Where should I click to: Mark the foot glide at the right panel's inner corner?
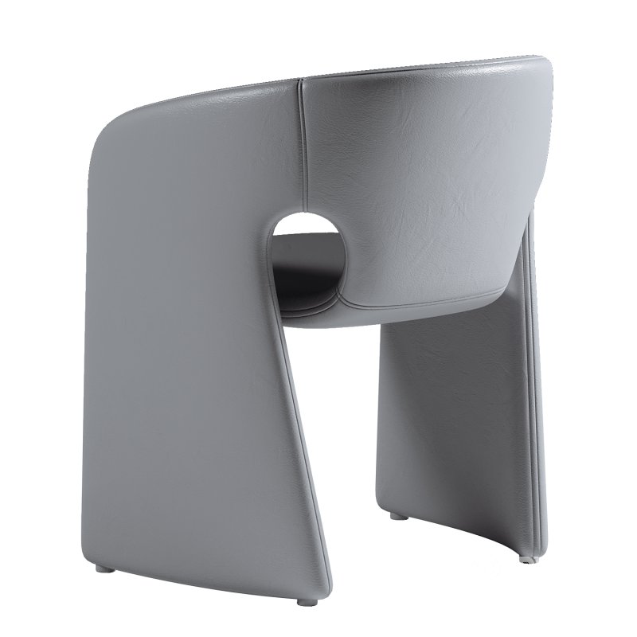[397, 518]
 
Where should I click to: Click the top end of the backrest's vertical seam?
[300, 80]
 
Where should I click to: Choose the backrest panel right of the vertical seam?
[422, 175]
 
